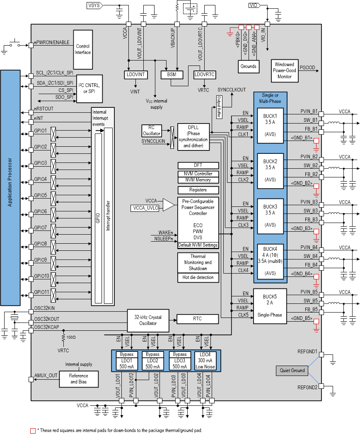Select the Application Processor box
point(10,188)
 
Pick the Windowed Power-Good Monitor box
point(285,70)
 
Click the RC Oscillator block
point(154,130)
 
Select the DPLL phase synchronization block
point(193,137)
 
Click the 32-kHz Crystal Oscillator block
point(147,320)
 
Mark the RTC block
point(198,319)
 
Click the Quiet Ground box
point(292,371)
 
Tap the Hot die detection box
point(198,277)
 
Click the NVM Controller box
point(198,174)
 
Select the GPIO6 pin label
point(41,211)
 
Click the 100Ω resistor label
point(71,337)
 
